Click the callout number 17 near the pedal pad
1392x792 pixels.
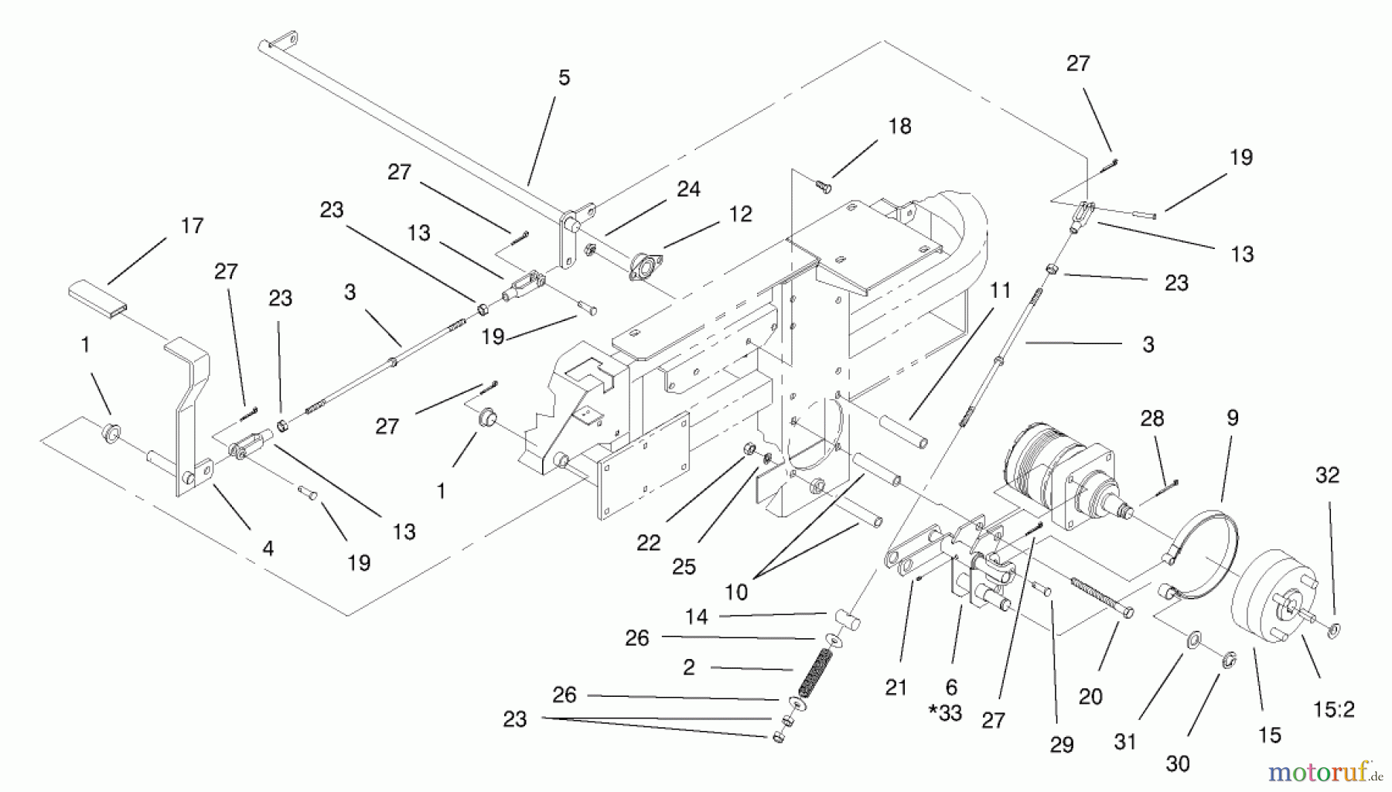pos(192,226)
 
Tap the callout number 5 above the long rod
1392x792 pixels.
pos(564,78)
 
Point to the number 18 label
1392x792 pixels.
pos(899,127)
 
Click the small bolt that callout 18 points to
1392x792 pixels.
pos(824,185)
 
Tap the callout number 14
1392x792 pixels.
pos(696,617)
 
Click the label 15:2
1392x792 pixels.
pos(1334,709)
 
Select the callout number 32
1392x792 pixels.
pos(1327,476)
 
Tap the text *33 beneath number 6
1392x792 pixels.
pos(945,713)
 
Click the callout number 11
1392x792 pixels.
pos(1000,291)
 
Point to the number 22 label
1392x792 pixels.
pos(648,544)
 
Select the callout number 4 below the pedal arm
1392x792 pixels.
pos(268,549)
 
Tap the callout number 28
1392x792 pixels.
pos(1151,419)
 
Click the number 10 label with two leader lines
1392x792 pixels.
pos(735,592)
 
